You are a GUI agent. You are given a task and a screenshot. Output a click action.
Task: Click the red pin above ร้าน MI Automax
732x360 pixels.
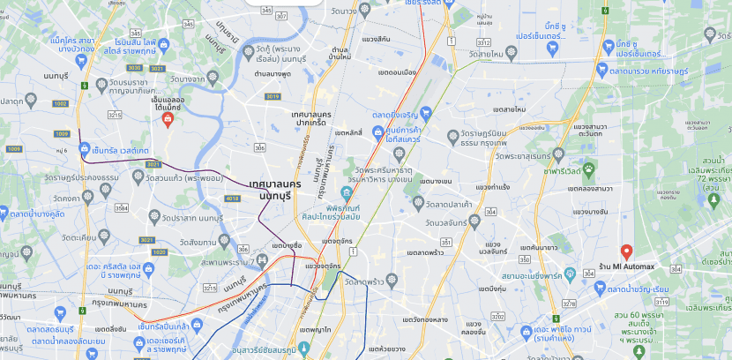(x=626, y=251)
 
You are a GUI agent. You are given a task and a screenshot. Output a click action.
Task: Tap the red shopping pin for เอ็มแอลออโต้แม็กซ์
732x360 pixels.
(x=168, y=119)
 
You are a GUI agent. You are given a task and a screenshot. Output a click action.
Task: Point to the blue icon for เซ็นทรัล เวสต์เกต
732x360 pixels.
(x=85, y=149)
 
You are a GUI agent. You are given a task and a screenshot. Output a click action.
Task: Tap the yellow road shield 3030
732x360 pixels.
(x=134, y=67)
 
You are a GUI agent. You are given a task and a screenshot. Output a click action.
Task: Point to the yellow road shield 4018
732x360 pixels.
(x=233, y=199)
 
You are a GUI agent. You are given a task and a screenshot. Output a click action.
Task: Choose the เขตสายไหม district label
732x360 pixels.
(x=509, y=109)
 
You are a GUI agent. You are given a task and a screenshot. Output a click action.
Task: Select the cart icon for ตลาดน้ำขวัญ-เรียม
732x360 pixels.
(x=600, y=288)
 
